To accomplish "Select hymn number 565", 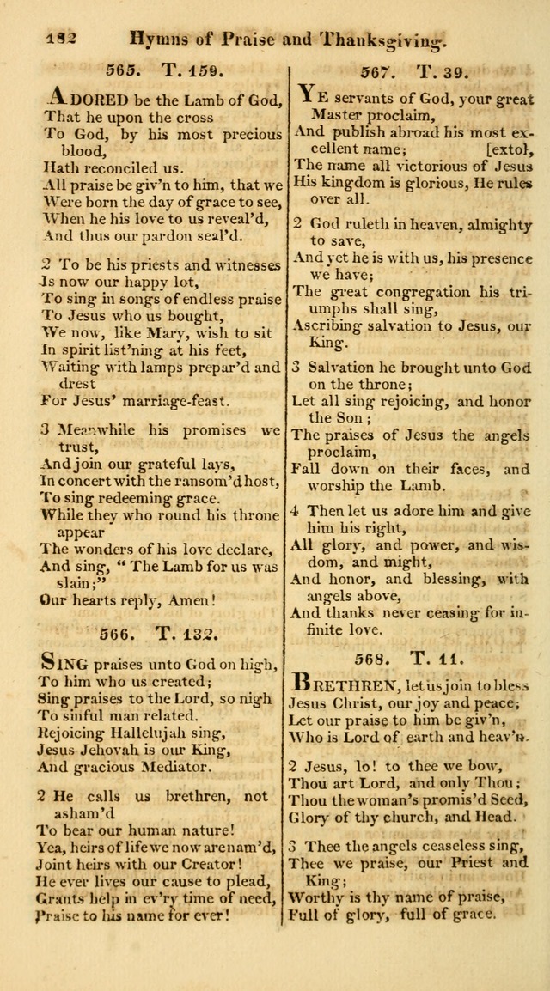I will point(123,71).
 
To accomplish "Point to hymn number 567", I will point(377,71).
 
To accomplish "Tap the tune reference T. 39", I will point(437,71).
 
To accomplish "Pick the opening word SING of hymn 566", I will point(61,662).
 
